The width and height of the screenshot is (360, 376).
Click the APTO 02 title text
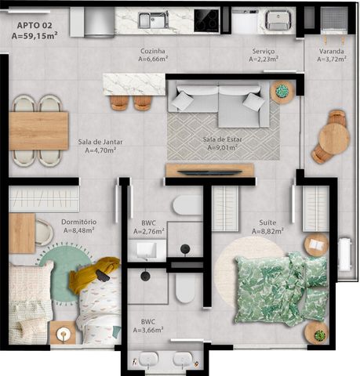tap(35, 26)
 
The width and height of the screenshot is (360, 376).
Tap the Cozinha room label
tap(153, 51)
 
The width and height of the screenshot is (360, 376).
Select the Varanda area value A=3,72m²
tap(332, 59)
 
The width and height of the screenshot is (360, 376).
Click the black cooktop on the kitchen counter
tap(206, 20)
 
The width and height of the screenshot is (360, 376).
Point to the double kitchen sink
tap(153, 20)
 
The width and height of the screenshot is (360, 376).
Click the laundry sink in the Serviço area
tap(278, 20)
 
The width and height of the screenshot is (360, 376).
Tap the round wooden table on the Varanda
tap(334, 136)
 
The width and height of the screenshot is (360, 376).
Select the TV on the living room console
tap(210, 172)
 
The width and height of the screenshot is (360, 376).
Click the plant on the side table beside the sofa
tap(282, 91)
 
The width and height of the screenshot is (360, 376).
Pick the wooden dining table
tap(38, 131)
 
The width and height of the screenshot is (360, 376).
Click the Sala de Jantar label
tap(100, 142)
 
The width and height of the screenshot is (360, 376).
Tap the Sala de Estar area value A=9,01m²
tap(222, 148)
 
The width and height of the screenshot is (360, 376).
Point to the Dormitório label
tap(79, 222)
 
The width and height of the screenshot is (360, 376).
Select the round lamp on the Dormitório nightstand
tap(63, 333)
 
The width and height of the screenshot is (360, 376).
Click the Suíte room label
tap(267, 222)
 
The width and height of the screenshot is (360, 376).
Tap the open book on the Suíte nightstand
tap(316, 244)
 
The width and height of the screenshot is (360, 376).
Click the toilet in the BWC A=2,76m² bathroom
tap(187, 205)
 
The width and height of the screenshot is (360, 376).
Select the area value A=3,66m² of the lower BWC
tap(148, 330)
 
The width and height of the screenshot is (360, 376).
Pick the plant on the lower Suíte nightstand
tap(320, 335)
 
